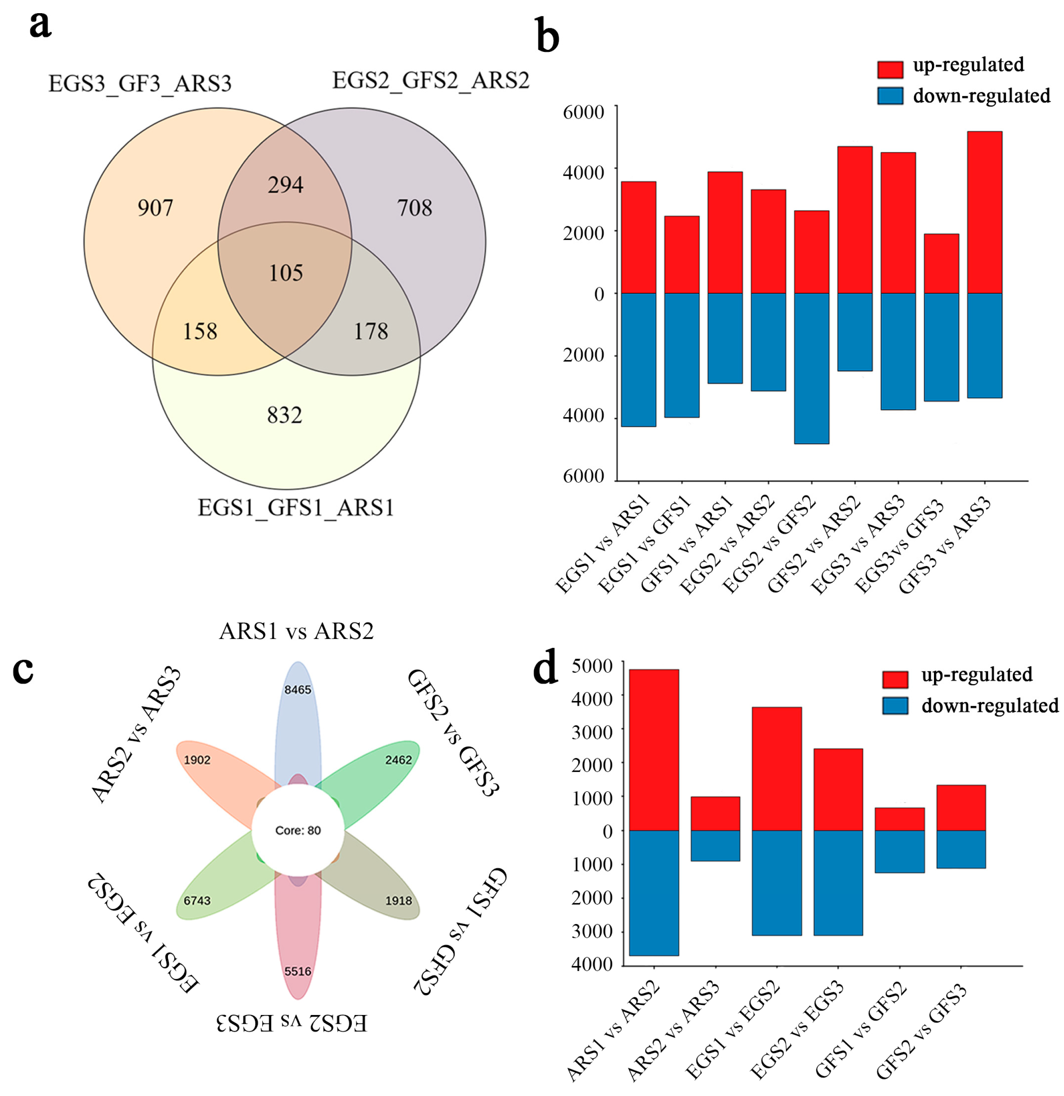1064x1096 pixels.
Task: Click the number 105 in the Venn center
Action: [286, 273]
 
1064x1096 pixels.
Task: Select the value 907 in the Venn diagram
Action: [156, 208]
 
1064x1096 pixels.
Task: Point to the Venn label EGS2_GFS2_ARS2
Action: [430, 81]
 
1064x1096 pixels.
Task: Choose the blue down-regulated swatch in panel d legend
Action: [895, 705]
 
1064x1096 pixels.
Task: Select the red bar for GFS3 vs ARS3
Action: [984, 212]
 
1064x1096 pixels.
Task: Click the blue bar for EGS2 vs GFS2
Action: [812, 368]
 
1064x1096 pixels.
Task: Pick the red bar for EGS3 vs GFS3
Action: [941, 263]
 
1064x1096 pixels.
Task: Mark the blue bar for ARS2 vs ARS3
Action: [715, 845]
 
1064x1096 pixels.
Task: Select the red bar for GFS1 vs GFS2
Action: [899, 819]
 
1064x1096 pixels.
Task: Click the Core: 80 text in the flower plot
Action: [298, 831]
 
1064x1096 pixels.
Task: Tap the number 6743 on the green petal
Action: [197, 900]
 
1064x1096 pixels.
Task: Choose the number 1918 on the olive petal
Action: [398, 900]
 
